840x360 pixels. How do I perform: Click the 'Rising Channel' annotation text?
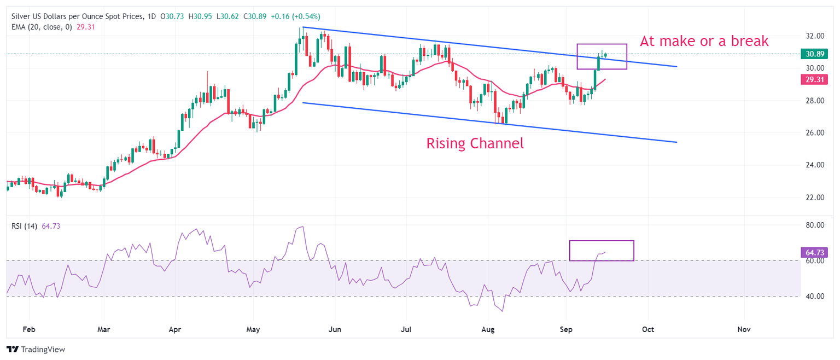(x=475, y=144)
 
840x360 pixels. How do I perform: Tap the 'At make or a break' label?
(x=704, y=41)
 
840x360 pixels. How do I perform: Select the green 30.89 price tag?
(x=814, y=54)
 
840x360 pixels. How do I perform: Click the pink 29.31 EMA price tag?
(x=814, y=79)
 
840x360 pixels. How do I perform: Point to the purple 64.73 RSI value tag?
(x=814, y=252)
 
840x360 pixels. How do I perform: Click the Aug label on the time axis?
(x=488, y=329)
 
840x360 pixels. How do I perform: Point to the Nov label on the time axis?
(x=743, y=329)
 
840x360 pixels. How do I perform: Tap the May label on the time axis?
(x=253, y=329)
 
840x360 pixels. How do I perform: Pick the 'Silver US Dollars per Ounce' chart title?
(x=77, y=17)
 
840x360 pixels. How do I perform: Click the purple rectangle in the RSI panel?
(x=602, y=250)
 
